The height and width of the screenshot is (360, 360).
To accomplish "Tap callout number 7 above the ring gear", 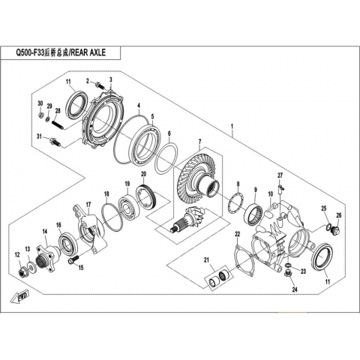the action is [199, 142].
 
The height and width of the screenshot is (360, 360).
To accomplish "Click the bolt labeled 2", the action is [100, 85].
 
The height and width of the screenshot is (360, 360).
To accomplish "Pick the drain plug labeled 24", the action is [288, 274].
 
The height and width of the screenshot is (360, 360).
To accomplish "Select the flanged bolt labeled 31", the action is [55, 142].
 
